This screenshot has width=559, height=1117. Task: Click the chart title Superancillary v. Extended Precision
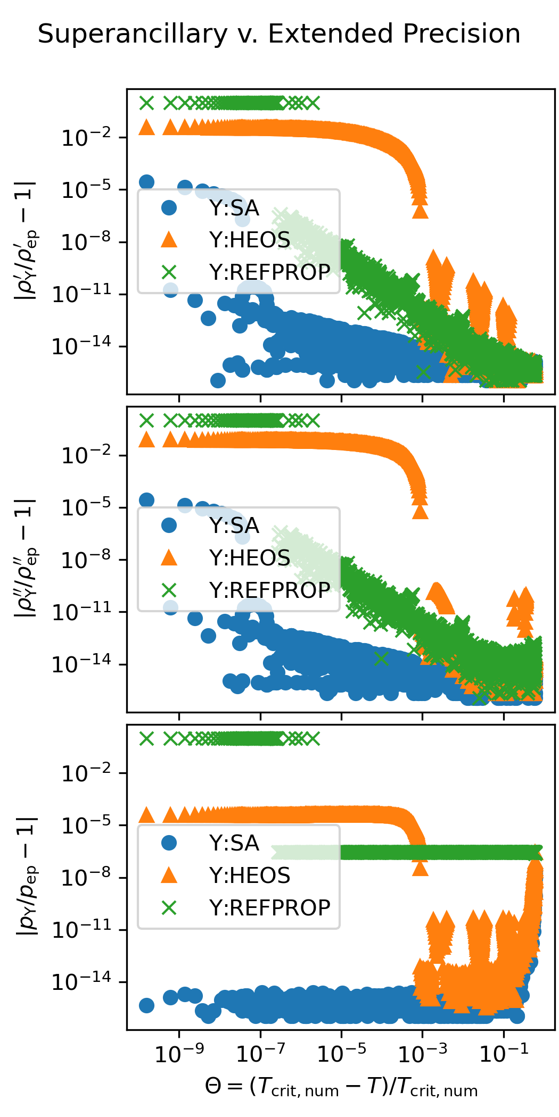tap(279, 34)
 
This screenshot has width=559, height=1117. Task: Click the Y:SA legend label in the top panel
tap(234, 208)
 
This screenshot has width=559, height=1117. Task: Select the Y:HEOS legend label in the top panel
tap(250, 240)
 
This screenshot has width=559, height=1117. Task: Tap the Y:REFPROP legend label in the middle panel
tap(269, 590)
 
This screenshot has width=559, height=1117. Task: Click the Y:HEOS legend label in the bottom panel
tap(250, 876)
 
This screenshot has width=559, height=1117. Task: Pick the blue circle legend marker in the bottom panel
tap(169, 843)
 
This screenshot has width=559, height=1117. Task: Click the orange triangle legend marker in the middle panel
tap(169, 557)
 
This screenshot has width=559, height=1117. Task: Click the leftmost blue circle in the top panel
tap(146, 182)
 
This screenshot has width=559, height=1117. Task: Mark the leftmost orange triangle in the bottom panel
tap(146, 815)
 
